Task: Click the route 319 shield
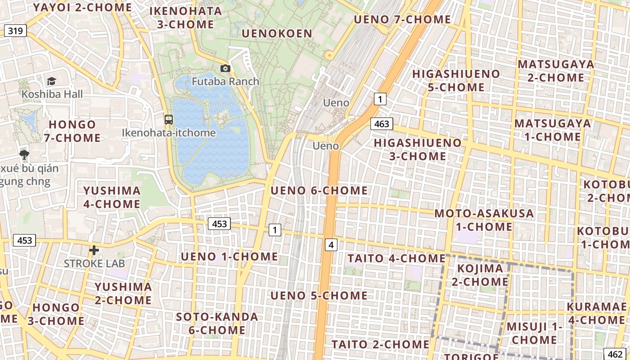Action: pyautogui.click(x=16, y=31)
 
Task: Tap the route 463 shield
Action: pyautogui.click(x=382, y=124)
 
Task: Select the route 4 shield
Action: pyautogui.click(x=331, y=245)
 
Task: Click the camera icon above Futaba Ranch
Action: pyautogui.click(x=225, y=68)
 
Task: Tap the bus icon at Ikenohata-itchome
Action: pyautogui.click(x=169, y=120)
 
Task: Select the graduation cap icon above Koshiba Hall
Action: pyautogui.click(x=52, y=81)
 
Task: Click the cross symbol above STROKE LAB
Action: pyautogui.click(x=94, y=250)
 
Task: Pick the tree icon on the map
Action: pyautogui.click(x=24, y=155)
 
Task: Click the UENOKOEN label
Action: pyautogui.click(x=277, y=34)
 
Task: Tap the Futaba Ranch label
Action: pyautogui.click(x=225, y=81)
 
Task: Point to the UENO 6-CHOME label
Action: pyautogui.click(x=319, y=190)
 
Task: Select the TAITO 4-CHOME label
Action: pyautogui.click(x=396, y=258)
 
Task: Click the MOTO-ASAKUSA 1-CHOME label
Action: pyautogui.click(x=484, y=220)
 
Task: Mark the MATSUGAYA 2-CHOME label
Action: pyautogui.click(x=556, y=71)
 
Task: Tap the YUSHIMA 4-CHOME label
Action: pyautogui.click(x=112, y=197)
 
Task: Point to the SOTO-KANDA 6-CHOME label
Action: pyautogui.click(x=217, y=323)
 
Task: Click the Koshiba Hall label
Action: pyautogui.click(x=52, y=94)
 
